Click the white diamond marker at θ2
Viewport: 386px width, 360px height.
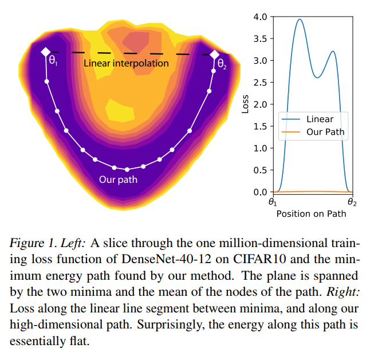coord(214,54)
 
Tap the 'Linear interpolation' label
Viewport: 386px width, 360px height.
coord(126,63)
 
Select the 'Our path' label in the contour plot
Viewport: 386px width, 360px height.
coord(118,180)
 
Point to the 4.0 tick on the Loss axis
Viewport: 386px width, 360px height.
coord(260,17)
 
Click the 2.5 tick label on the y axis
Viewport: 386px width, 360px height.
coord(260,83)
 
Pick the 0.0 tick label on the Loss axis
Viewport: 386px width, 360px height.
coord(260,192)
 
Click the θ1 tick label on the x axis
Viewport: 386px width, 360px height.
coord(273,202)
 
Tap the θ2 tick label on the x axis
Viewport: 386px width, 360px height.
coord(352,202)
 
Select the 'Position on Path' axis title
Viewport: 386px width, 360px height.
coord(311,214)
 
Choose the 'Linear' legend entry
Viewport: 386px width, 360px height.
coord(320,119)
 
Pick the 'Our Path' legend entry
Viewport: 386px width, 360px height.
coord(325,132)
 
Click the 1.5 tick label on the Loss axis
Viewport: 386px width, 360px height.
coord(260,126)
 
